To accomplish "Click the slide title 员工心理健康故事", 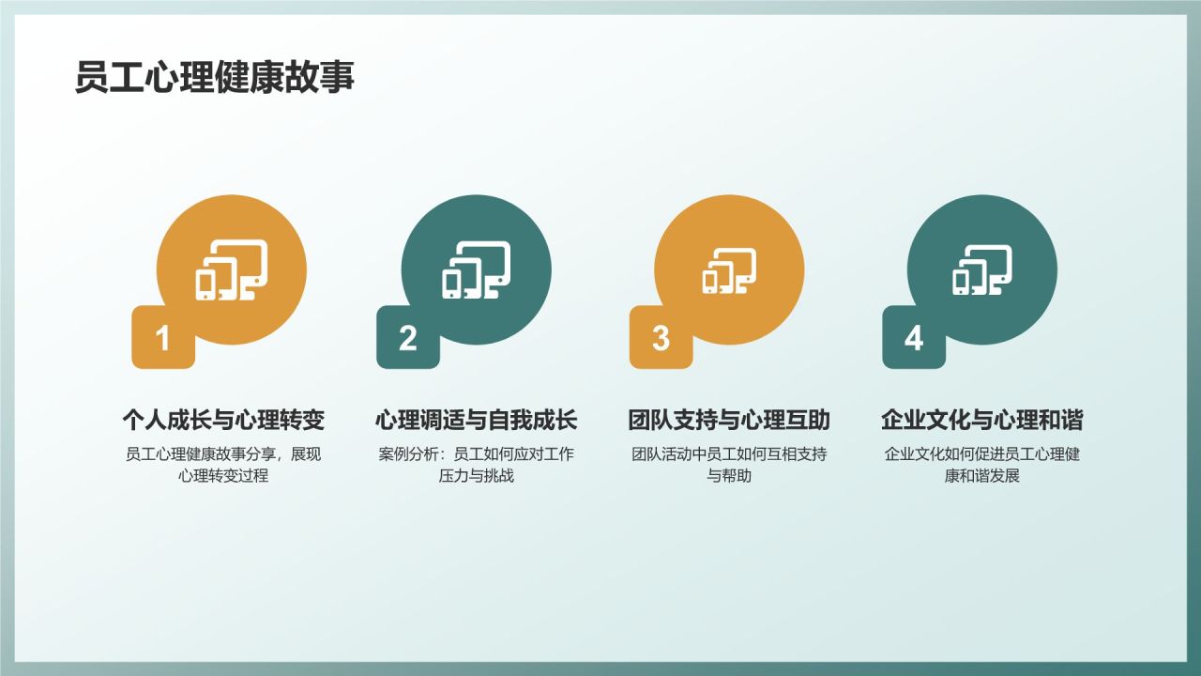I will pos(215,78).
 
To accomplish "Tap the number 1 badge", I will pos(163,338).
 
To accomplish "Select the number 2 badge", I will pos(407,338).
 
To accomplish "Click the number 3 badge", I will pos(661,338).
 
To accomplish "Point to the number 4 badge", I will pos(914,338).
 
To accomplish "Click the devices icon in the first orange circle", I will pos(232,270).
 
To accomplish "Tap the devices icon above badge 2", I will pos(477,270).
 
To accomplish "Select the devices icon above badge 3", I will pos(729,270).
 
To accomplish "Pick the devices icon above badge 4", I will pos(982,270).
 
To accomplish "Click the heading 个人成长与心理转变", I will pos(223,420).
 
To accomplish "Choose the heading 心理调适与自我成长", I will pos(477,420).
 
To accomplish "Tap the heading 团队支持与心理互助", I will pos(729,420).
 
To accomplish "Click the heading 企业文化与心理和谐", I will pos(982,420).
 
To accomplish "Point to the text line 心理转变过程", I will pos(223,476).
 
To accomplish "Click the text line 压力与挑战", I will pos(477,476).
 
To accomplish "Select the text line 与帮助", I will pos(729,476).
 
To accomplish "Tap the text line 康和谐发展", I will pos(982,476).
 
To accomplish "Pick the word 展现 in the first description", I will pos(307,454).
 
